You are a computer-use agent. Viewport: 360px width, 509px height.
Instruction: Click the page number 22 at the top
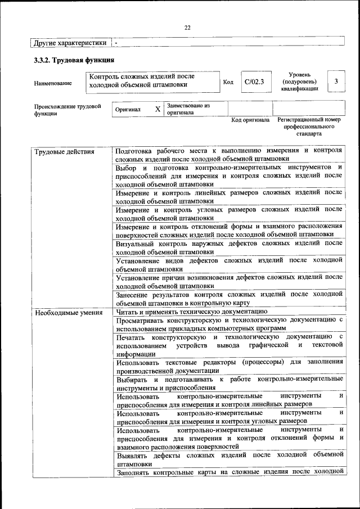[x=187, y=28]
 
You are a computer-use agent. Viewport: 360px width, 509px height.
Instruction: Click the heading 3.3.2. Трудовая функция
[x=74, y=60]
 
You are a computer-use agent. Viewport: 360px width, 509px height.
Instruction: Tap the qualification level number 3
[x=336, y=82]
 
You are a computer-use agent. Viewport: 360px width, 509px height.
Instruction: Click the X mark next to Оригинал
[x=157, y=110]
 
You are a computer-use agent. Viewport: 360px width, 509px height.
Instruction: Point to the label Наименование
[x=53, y=84]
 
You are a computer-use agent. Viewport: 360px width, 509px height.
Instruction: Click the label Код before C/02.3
[x=228, y=82]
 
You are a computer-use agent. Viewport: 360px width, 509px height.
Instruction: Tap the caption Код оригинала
[x=250, y=120]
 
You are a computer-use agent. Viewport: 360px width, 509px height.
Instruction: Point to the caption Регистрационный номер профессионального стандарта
[x=309, y=127]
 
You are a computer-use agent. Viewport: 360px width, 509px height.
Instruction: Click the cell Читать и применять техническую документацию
[x=191, y=312]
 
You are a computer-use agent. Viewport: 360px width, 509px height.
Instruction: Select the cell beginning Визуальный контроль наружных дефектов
[x=228, y=247]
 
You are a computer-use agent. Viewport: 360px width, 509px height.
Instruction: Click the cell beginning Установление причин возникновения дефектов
[x=228, y=281]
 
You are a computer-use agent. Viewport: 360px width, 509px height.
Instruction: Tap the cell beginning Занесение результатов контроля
[x=228, y=298]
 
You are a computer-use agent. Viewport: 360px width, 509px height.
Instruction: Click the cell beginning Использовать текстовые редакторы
[x=228, y=366]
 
